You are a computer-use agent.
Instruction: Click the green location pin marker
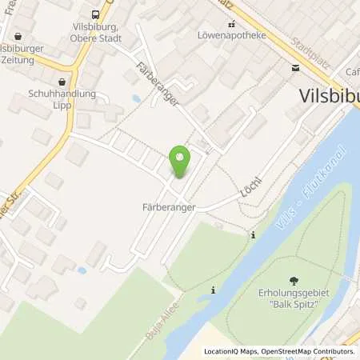click(x=181, y=163)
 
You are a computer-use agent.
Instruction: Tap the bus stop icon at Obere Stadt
click(x=96, y=14)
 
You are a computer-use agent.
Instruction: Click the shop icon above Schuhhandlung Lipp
click(x=62, y=82)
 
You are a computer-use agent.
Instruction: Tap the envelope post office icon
click(x=298, y=69)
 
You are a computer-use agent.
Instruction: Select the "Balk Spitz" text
click(x=294, y=304)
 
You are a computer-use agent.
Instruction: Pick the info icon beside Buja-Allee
click(x=213, y=290)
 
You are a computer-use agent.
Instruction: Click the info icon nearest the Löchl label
click(x=253, y=234)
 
